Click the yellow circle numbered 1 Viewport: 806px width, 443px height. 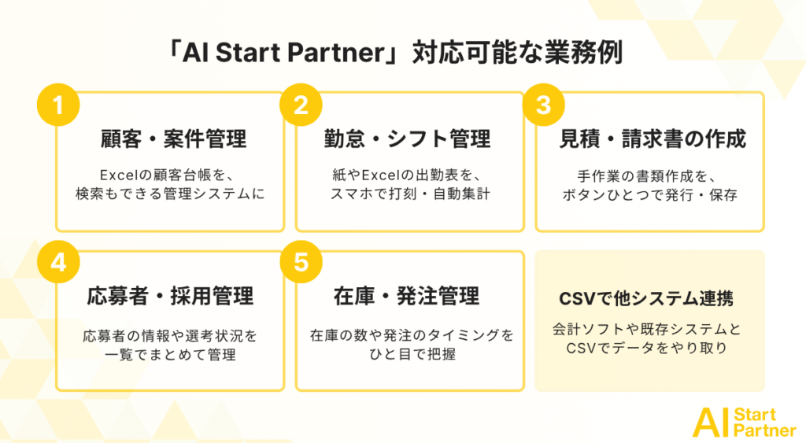(x=58, y=105)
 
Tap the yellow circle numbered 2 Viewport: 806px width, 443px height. (x=301, y=105)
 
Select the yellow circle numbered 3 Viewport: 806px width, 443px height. (x=543, y=105)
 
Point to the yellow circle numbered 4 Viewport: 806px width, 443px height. (x=58, y=262)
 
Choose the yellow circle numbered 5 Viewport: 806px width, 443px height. (x=301, y=262)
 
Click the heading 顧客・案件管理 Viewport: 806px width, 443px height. (x=173, y=138)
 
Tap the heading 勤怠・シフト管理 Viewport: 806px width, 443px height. (x=407, y=138)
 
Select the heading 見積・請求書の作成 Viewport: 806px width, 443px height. (x=653, y=138)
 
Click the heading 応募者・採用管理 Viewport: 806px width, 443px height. (x=170, y=296)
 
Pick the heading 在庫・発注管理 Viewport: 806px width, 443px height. (x=407, y=296)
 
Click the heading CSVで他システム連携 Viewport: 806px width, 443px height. (x=646, y=298)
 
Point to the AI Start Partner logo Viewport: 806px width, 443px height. (x=745, y=423)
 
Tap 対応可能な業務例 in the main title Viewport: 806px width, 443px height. (x=518, y=53)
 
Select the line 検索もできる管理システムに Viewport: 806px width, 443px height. (x=170, y=194)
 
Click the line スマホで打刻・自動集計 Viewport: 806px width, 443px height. (x=409, y=194)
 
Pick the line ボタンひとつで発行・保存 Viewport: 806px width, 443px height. (x=649, y=195)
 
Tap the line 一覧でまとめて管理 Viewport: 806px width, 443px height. (x=170, y=355)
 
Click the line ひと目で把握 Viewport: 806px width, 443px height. (x=412, y=353)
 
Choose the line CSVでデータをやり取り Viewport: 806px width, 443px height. (x=647, y=348)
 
